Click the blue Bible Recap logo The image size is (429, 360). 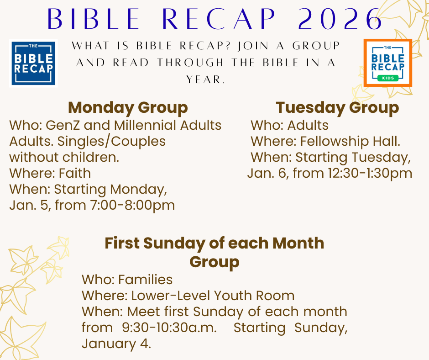coord(33,64)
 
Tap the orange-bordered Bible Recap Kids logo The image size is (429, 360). coord(387,63)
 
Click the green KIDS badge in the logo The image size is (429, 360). coord(387,78)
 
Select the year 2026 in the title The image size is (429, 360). coord(340,19)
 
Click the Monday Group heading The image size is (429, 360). coord(128,107)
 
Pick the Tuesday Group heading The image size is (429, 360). coord(337,107)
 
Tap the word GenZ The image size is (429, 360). coord(63,125)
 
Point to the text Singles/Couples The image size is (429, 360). coord(111,142)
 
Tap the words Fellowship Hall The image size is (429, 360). coord(350,141)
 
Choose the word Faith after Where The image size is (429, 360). coord(75,173)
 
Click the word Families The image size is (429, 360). coord(145,280)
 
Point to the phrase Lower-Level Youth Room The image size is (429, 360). coord(213,296)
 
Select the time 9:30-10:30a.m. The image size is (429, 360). coord(169,328)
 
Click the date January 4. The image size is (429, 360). coord(116,344)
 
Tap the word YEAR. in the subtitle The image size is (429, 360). coord(206,79)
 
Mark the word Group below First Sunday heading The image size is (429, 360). coord(214,262)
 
